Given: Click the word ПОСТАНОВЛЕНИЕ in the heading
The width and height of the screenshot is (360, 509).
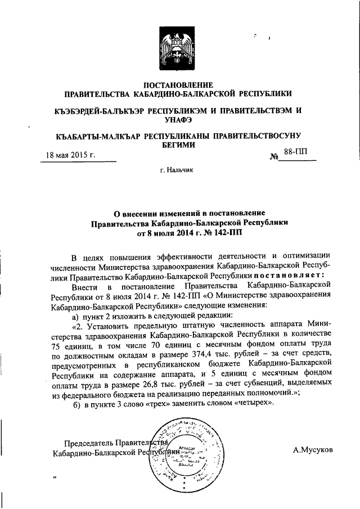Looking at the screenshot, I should pos(179,84).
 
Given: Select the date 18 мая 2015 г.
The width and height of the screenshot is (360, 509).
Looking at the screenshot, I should pos(70,155).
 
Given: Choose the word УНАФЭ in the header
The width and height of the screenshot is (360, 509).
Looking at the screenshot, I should pos(179,119).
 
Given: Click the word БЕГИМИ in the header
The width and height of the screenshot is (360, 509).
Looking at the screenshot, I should pos(179,145).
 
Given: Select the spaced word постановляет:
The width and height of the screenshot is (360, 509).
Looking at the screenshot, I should pos(288,276).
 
